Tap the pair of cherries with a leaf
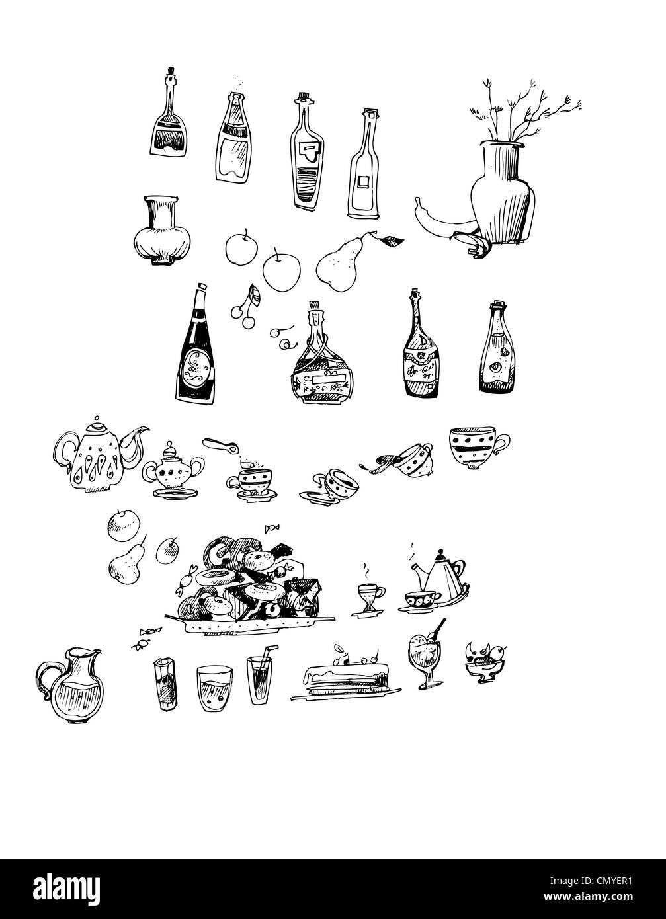click(x=246, y=307)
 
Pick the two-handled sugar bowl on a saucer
click(x=173, y=472)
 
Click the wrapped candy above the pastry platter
click(x=271, y=528)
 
